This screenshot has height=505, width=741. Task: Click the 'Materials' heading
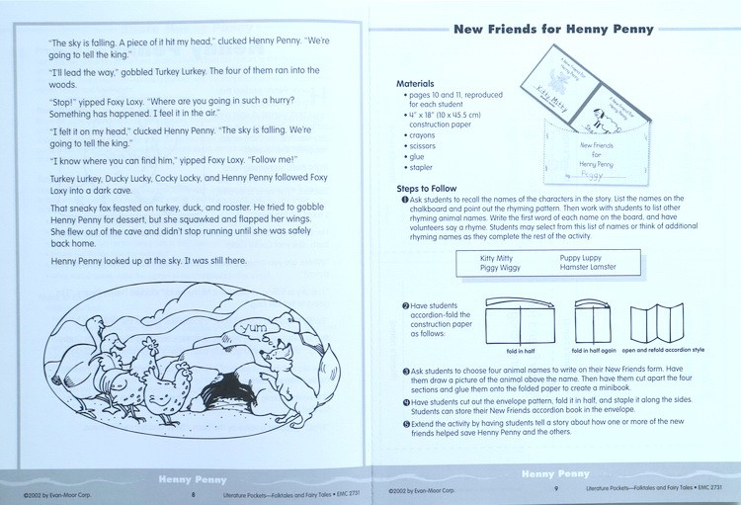coord(415,84)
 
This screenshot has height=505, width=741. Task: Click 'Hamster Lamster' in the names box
coord(588,268)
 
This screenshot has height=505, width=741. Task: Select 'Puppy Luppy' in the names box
coord(582,257)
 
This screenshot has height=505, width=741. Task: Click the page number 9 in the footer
coord(556,490)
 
